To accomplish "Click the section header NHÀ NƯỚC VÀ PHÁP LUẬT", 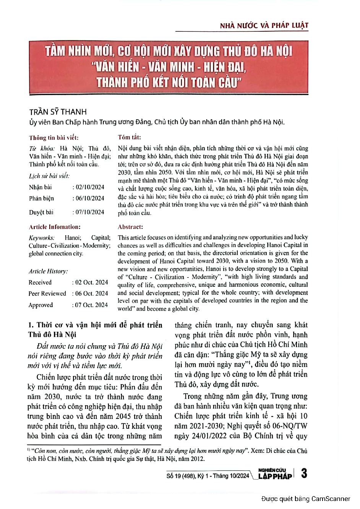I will pos(264,26).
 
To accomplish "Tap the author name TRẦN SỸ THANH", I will pos(58,112).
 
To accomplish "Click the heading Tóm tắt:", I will pos(129,137).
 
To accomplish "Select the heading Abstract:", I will pos(130,227).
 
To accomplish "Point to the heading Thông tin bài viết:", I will pos(54,138).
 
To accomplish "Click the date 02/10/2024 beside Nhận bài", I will pos(89,187).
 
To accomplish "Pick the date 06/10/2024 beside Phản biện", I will pos(89,198).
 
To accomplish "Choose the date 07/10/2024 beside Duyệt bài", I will pos(89,212).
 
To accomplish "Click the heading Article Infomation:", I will pos(55,227).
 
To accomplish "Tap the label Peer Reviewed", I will pos(47,293).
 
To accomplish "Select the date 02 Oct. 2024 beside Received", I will pos(91,282).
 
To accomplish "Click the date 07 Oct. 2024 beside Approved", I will pos(91,305).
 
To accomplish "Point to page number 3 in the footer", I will pos(304,473).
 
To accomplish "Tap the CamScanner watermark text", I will pos(306,499).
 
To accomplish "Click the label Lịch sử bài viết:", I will pos(49,176).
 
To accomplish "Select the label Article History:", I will pos(48,271).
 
